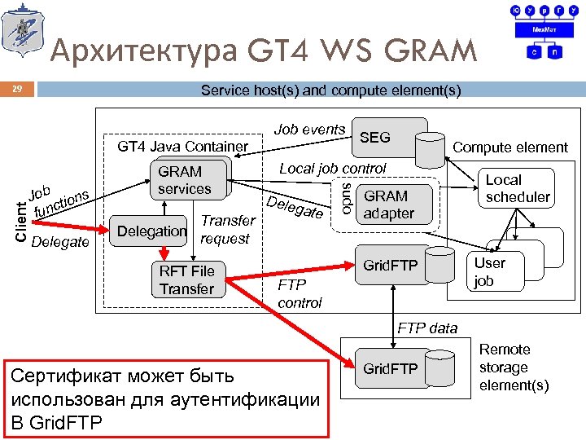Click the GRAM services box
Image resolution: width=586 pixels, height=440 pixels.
point(185,180)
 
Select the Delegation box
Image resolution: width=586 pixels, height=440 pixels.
point(152,231)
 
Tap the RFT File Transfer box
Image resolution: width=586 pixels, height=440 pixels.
point(186,279)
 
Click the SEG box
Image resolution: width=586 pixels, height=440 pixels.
point(375,138)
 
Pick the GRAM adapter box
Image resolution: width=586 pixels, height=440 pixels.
point(388,205)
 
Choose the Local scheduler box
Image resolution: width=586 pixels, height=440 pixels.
point(518,188)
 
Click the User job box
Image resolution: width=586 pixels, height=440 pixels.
point(490,271)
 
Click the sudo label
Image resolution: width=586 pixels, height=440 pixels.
point(346,200)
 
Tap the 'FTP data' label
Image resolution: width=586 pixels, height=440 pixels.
point(427,328)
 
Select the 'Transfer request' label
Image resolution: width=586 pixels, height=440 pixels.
point(227,230)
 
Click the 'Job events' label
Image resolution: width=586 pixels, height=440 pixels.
point(309,130)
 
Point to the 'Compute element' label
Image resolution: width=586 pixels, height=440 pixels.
point(510,147)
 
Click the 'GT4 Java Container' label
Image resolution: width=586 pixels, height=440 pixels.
point(183,147)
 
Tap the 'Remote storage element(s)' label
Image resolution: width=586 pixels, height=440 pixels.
point(514,367)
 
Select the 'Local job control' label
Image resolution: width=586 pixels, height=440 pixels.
point(332,169)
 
